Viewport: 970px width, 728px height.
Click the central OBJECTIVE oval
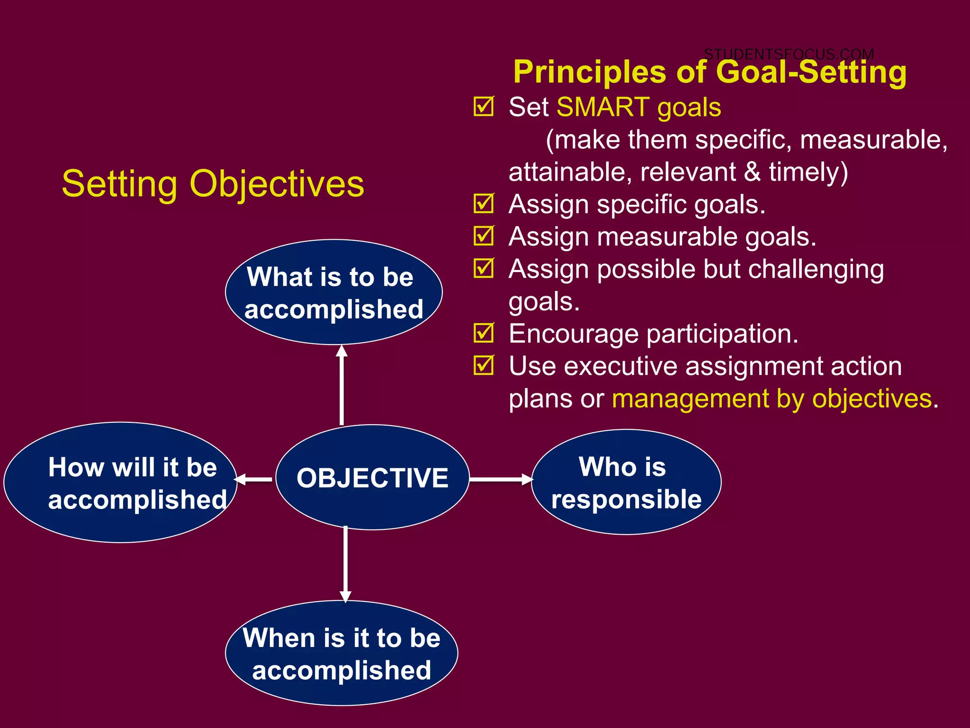coord(372,477)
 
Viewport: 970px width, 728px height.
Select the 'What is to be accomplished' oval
coord(334,292)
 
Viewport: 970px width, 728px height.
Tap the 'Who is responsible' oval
coord(626,482)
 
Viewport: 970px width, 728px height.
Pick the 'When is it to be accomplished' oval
coord(341,653)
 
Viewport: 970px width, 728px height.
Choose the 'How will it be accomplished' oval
coord(121,482)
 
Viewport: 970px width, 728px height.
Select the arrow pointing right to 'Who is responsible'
coord(501,479)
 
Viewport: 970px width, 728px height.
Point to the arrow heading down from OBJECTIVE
coord(345,564)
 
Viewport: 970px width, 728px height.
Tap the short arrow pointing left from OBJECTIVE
coord(253,479)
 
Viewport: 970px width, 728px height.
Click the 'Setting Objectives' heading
coord(213,184)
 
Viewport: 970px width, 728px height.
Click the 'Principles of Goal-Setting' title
coord(710,72)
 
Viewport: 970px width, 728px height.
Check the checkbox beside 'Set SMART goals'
coord(484,107)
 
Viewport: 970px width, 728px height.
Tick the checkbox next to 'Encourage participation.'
coord(484,333)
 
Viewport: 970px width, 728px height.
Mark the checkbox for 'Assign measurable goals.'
coord(484,236)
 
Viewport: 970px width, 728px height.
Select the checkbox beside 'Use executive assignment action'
coord(484,365)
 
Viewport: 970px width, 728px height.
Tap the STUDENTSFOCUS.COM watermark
coord(789,54)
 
